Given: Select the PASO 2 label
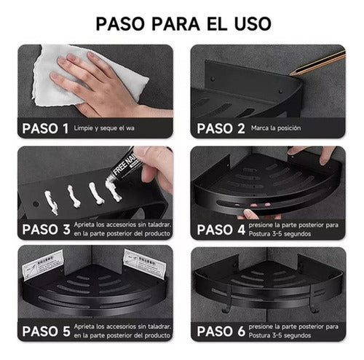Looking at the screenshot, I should pos(218,128).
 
